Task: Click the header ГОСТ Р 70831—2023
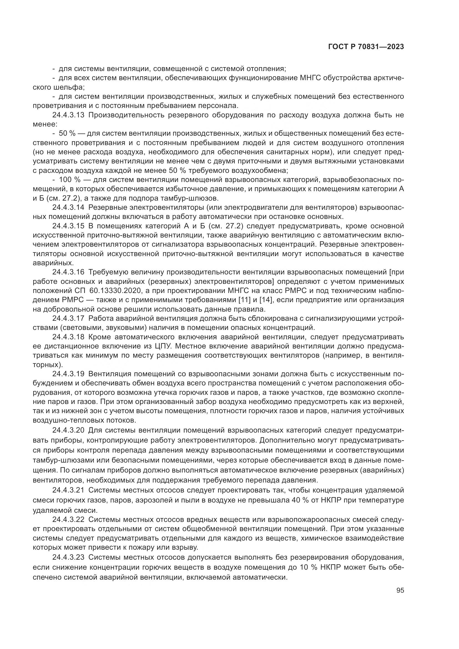[366, 47]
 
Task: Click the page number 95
[400, 590]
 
